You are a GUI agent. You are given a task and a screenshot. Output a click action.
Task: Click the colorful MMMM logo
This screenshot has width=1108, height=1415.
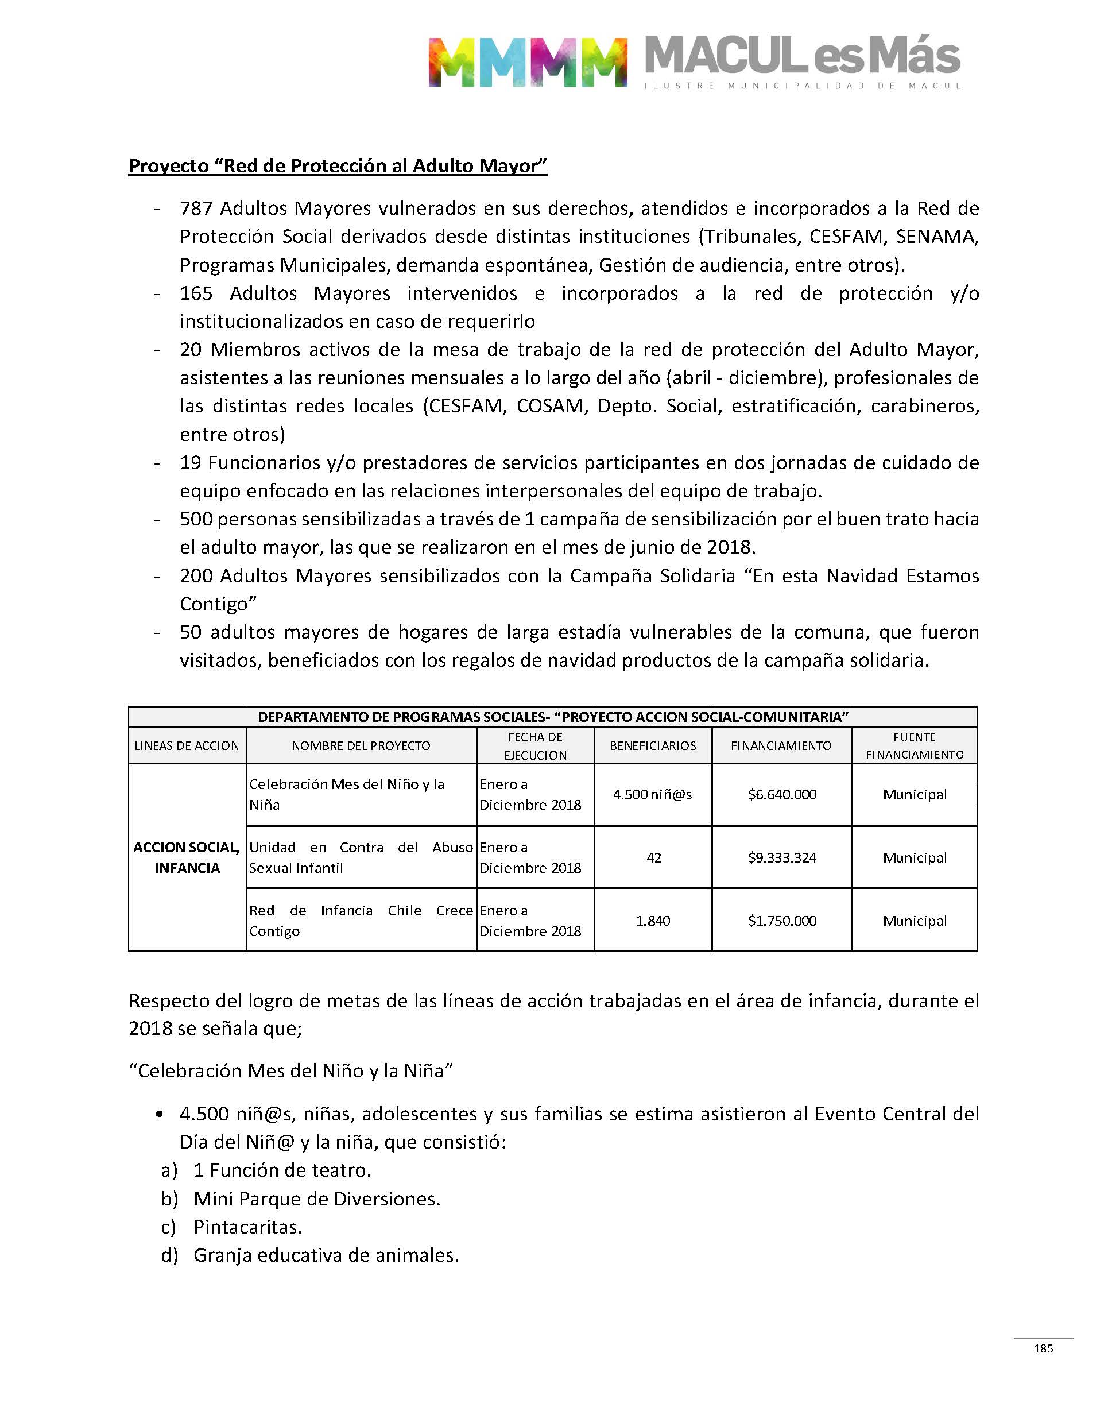coord(528,62)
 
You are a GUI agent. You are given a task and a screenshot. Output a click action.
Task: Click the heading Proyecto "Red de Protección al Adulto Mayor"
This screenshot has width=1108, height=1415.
coord(338,166)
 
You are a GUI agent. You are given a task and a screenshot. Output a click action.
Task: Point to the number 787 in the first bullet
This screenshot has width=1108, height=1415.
coord(196,208)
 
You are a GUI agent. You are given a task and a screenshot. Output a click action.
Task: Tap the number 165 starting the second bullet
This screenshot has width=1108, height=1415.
coord(196,293)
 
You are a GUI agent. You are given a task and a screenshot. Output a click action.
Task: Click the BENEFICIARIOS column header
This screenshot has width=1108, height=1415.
coord(653,746)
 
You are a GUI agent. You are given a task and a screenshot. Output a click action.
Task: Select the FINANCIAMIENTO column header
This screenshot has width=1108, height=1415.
coord(781,746)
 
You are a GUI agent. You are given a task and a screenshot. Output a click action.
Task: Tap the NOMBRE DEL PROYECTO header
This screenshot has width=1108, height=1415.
coord(361,746)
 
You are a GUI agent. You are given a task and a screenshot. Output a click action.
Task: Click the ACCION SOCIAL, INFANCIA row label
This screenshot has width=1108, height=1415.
coord(187,858)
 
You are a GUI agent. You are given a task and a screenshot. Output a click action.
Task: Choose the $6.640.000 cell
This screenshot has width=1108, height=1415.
coord(782,795)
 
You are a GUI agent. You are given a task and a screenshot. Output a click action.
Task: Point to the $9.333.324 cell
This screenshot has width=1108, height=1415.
coord(782,858)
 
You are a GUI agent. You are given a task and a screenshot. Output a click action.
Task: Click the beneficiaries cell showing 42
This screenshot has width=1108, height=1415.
coord(653,858)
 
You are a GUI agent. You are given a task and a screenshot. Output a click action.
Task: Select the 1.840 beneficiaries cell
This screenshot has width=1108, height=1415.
coord(653,921)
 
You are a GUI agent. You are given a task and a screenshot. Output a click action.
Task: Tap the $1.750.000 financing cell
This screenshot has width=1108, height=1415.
coord(782,921)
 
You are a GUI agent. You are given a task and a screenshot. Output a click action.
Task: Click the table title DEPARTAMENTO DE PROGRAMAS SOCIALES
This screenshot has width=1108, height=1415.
coord(553,717)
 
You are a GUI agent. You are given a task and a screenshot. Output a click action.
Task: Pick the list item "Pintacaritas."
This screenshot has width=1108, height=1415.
coord(248,1227)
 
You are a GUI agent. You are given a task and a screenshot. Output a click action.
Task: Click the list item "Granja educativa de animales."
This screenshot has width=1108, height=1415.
coord(326,1255)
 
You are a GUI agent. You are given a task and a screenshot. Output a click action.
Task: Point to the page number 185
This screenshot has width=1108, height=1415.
coord(1043,1348)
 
